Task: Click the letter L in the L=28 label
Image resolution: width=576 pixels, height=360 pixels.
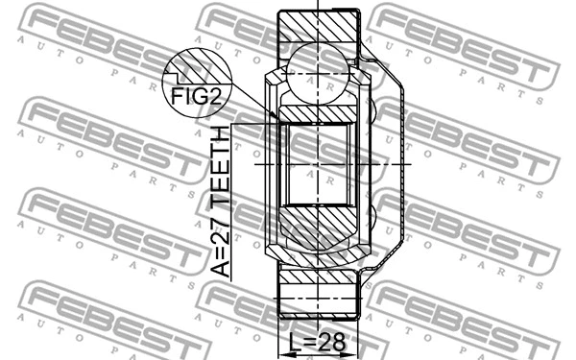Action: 297,342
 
